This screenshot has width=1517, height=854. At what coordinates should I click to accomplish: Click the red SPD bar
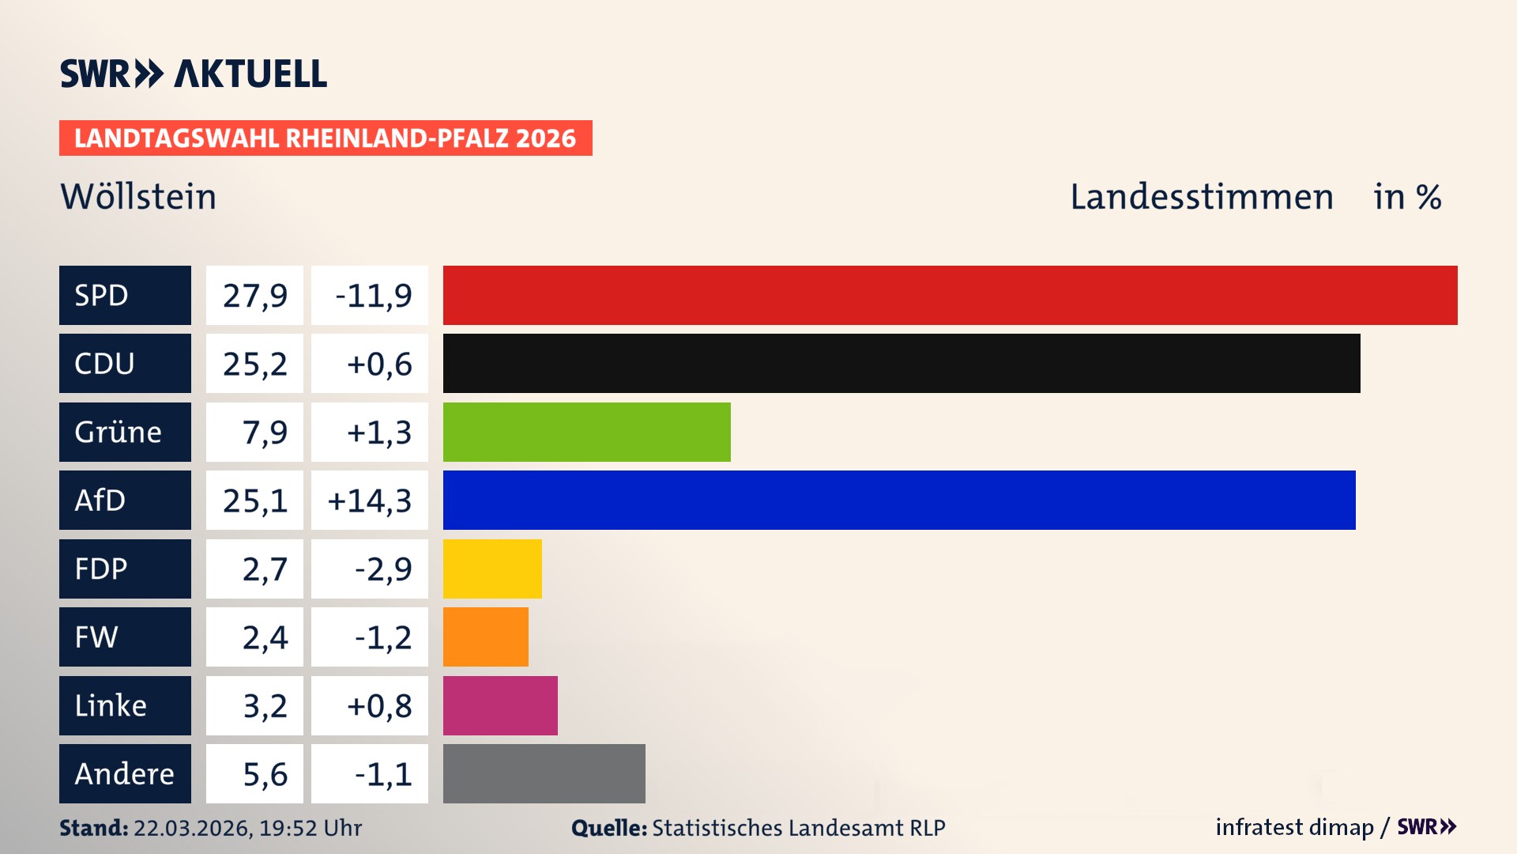950,295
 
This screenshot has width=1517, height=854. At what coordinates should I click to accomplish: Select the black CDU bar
902,364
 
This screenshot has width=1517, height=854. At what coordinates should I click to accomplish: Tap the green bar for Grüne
586,432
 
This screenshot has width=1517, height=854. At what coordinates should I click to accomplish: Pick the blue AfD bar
899,500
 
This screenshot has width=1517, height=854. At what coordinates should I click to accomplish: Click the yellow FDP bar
492,569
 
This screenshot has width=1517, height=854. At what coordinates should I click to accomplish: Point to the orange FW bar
485,637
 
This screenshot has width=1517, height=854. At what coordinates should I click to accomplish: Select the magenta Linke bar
500,705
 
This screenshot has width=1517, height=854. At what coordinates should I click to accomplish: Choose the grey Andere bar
544,773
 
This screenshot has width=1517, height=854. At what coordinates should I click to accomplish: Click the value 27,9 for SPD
254,295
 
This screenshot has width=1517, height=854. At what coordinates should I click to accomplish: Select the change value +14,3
370,500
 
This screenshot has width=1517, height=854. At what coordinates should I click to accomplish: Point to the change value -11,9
373,295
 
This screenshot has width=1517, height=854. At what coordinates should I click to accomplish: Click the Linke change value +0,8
379,705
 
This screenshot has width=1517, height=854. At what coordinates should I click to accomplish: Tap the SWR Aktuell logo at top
193,74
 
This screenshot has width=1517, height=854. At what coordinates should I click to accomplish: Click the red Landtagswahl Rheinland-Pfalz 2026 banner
326,138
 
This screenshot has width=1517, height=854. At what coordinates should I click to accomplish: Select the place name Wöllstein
138,196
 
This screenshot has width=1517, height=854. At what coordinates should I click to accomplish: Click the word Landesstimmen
1201,196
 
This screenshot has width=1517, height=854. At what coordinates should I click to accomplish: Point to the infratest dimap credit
1294,827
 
